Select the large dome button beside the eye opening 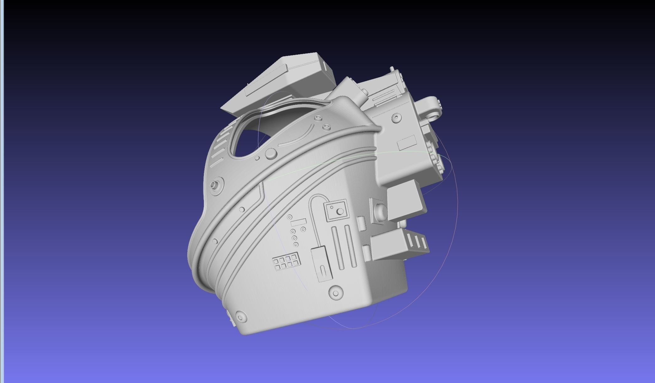[x=271, y=154]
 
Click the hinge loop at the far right [x=435, y=109]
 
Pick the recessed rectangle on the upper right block [x=407, y=143]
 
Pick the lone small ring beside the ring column [x=303, y=229]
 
